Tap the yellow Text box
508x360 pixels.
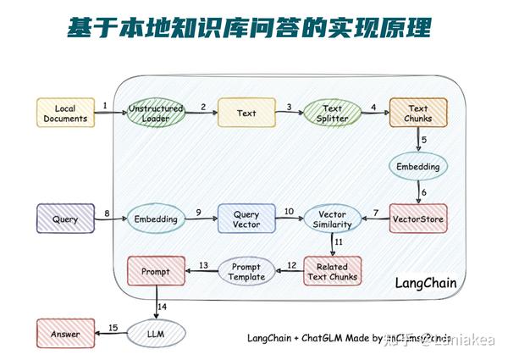246,114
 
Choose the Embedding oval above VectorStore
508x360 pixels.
417,167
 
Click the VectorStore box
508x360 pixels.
417,219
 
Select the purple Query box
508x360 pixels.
65,219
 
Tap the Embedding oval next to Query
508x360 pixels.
156,219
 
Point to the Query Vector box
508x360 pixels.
246,219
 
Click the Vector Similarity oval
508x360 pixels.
332,219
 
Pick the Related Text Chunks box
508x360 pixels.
332,271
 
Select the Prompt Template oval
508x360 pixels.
246,271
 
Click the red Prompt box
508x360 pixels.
156,272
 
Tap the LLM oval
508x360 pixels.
156,334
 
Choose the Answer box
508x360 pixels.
65,334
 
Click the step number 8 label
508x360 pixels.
107,213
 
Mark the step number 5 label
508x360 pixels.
424,141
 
